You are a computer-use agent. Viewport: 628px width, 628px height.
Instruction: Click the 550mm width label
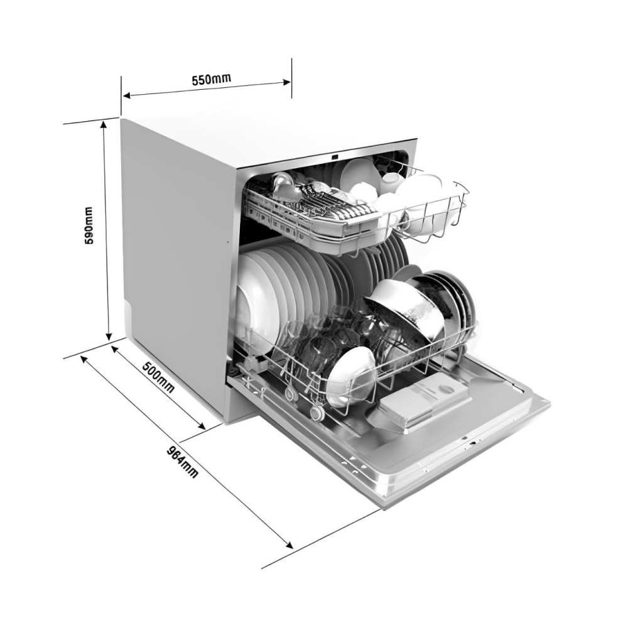(212, 78)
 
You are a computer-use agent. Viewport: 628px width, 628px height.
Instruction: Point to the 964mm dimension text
(182, 461)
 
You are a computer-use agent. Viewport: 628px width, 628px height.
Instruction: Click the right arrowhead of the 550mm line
(287, 82)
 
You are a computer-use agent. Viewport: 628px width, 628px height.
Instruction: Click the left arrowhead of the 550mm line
(127, 95)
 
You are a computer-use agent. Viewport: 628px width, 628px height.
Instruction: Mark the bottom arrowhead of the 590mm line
(108, 335)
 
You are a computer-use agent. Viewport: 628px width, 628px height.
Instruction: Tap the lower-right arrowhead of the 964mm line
(289, 544)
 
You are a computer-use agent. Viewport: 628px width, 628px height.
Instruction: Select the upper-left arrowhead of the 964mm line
(85, 359)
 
